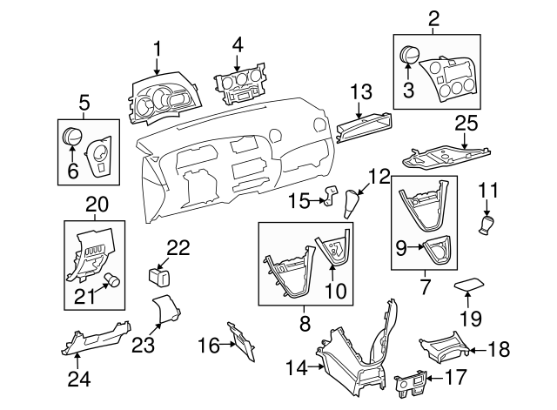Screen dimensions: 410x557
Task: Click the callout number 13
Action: [360, 91]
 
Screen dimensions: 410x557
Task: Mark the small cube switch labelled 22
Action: [160, 276]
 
